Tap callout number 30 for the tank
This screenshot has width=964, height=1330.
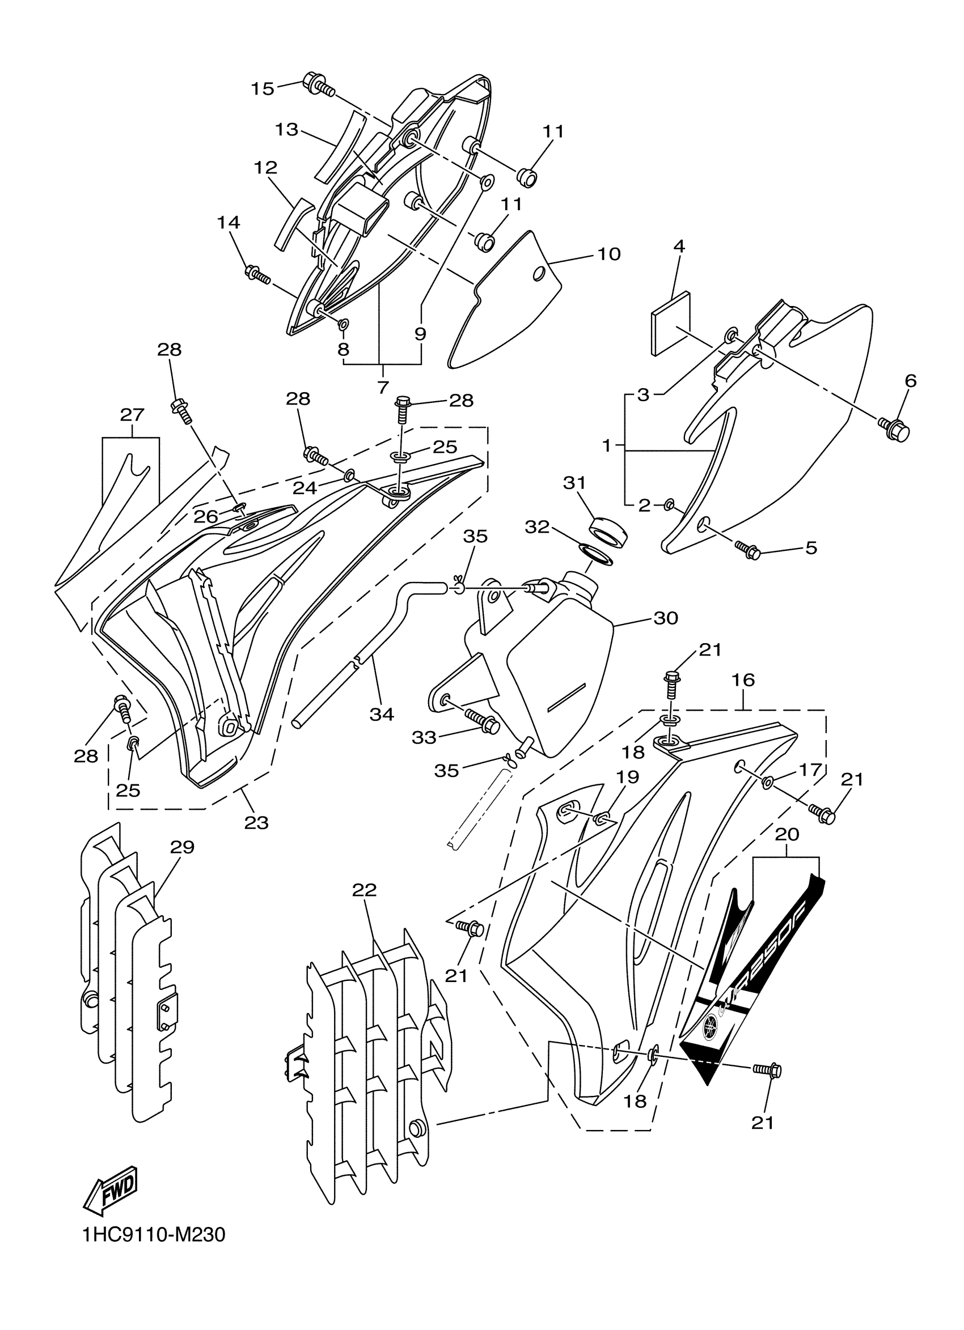(x=665, y=618)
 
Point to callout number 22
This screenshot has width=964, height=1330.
(x=364, y=890)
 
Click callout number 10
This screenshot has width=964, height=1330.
(x=609, y=254)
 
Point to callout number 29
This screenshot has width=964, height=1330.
(x=182, y=847)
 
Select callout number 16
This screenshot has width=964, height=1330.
(x=743, y=680)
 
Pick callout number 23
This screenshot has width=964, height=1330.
(x=256, y=823)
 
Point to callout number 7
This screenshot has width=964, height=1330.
(x=383, y=387)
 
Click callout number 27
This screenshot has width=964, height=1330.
(x=132, y=415)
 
